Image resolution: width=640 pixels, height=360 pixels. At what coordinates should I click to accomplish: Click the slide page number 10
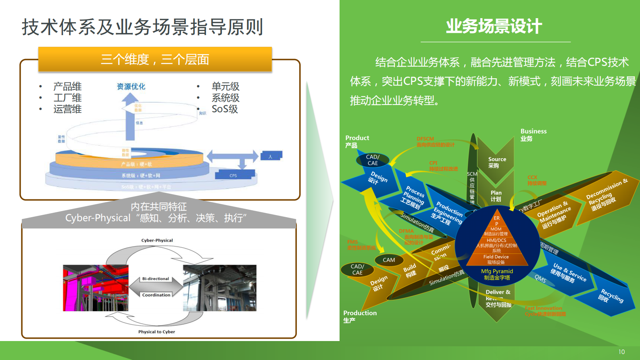point(621,352)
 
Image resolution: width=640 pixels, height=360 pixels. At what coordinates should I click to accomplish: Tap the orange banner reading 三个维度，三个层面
point(155,59)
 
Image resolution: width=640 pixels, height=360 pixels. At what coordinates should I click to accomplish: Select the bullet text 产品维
point(67,86)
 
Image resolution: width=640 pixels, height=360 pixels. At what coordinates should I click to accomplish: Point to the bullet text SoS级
point(225,109)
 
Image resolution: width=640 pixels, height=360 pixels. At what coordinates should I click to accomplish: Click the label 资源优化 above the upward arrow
point(131,86)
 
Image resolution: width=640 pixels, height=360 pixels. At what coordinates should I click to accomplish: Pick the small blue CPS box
point(233,175)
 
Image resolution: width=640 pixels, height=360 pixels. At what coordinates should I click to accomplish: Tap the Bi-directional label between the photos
point(156,279)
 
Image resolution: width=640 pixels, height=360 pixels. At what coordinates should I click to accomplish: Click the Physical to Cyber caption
point(156,332)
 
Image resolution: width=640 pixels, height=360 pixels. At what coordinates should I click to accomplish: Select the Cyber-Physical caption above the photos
point(157,240)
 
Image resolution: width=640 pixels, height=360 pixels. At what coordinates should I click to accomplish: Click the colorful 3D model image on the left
point(96,288)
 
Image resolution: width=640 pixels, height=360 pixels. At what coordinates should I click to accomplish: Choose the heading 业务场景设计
point(494,27)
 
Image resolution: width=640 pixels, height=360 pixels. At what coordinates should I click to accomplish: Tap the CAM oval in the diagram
point(389,260)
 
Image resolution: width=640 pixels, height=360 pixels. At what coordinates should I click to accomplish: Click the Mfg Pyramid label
point(497,274)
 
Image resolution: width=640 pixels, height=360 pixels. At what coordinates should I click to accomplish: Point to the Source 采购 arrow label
point(497,162)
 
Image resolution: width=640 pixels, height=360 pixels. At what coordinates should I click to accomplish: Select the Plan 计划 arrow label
point(496,196)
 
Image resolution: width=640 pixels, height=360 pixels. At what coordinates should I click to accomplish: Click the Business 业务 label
point(533,135)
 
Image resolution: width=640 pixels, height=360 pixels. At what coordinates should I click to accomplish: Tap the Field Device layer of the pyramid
point(496,259)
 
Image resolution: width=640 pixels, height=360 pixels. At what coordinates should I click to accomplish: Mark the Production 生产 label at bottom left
point(360,316)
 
